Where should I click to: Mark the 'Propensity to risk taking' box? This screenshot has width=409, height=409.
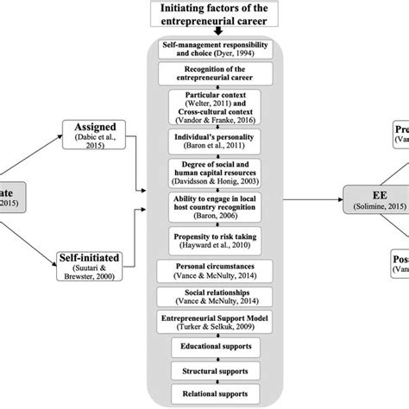(x=204, y=241)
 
